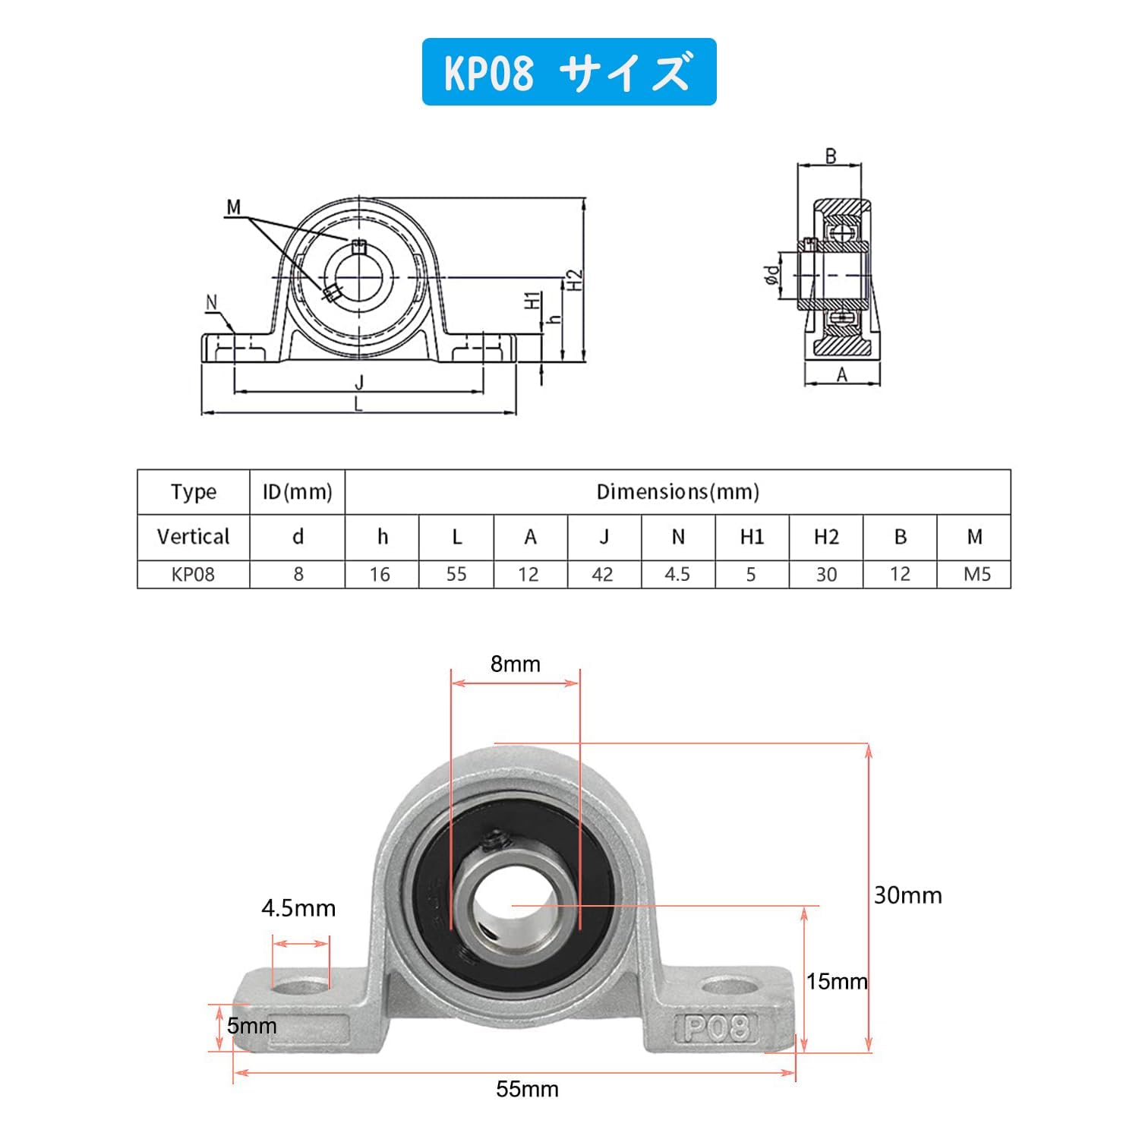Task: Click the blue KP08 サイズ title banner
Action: click(569, 71)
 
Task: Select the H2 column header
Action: click(826, 537)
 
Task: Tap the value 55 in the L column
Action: click(456, 574)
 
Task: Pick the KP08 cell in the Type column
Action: click(194, 574)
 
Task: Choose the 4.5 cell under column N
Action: click(678, 574)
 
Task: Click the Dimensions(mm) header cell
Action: click(678, 492)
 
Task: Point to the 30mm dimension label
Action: click(907, 895)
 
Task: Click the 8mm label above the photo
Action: click(516, 664)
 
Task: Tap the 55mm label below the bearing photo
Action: click(527, 1089)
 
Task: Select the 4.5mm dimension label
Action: click(298, 907)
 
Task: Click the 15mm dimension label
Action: click(837, 981)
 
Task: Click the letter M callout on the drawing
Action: click(233, 207)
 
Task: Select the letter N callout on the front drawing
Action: click(212, 302)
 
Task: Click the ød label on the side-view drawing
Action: click(772, 275)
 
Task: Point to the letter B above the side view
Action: click(831, 156)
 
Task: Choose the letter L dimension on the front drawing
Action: click(358, 405)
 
